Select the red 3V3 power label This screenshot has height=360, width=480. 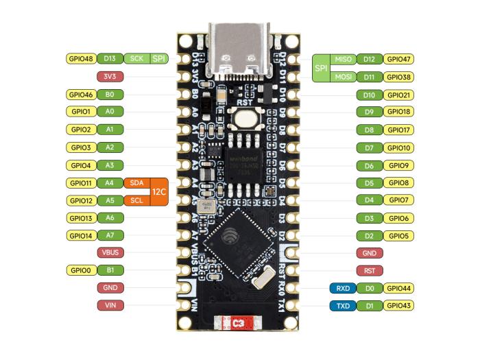[x=110, y=77]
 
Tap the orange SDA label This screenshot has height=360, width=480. [x=135, y=183]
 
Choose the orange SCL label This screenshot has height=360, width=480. [x=135, y=200]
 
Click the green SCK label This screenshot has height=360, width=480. [x=136, y=59]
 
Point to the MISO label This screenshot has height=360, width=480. [x=343, y=60]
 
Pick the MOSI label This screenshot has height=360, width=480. [x=343, y=77]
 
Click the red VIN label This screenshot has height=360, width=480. [x=110, y=305]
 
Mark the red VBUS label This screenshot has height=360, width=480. [x=110, y=252]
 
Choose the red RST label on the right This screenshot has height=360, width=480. [x=370, y=271]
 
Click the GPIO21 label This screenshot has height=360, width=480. [x=398, y=95]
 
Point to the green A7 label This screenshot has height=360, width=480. [x=110, y=235]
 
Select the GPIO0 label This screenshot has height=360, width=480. [x=81, y=270]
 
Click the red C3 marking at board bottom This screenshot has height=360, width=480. [x=239, y=322]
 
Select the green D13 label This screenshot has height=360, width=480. [x=110, y=59]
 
